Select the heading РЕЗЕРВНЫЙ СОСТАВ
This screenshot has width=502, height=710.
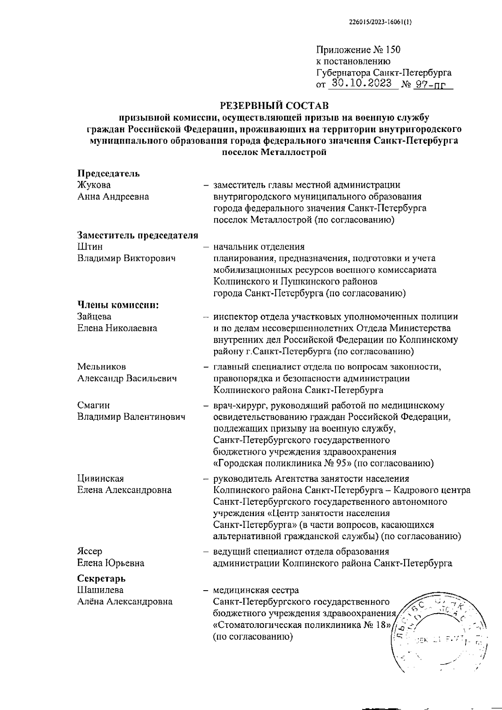pos(274,104)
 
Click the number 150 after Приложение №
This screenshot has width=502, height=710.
pos(393,50)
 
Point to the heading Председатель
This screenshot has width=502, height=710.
pos(109,173)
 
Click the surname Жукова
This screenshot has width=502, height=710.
pos(94,185)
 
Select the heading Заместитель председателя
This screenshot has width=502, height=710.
pos(138,235)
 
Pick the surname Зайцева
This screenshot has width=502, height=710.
pos(95,317)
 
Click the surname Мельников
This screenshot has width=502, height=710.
pos(102,367)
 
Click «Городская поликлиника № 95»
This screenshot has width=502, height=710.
pos(283,463)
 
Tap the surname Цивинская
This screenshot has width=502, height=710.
pos(100,478)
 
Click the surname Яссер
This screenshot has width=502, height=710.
pos(90,551)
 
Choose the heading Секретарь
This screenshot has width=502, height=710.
pos(102,578)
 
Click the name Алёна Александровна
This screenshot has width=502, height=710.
pos(125,602)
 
